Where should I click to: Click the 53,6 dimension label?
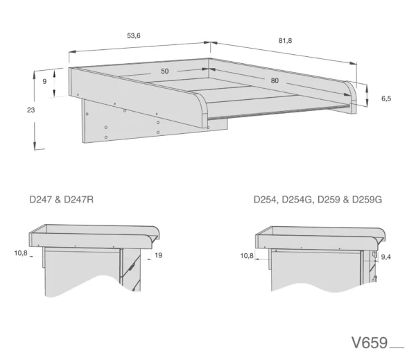tap(134, 35)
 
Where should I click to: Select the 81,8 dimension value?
tap(285, 41)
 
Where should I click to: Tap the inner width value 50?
tap(165, 71)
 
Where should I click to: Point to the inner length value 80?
tap(275, 80)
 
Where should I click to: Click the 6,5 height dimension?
tap(386, 98)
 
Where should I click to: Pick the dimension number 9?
tap(44, 81)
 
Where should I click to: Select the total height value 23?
tap(31, 110)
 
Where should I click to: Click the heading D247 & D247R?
tap(61, 199)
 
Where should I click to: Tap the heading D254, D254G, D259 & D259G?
tap(318, 199)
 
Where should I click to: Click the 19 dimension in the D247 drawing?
tap(158, 255)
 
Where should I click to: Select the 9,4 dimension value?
tap(385, 257)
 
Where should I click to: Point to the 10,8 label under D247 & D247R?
tap(21, 253)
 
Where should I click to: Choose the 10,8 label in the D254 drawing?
tap(247, 256)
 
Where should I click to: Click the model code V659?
tap(370, 343)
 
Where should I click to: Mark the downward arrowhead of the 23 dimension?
tap(35, 146)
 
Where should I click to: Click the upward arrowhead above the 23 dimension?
tap(34, 75)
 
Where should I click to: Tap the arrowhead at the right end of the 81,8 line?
tap(353, 63)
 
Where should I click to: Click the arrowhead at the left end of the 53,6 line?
tap(73, 52)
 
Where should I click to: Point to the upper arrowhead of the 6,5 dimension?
tap(367, 88)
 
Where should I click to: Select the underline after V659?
tap(397, 348)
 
